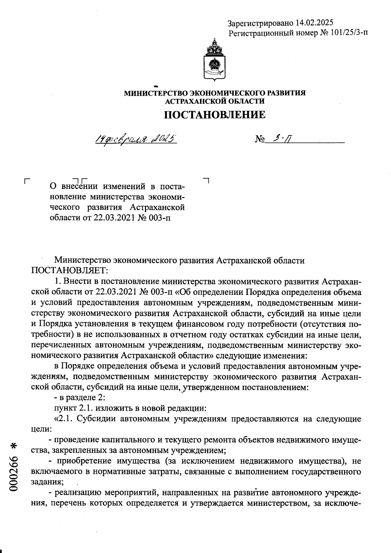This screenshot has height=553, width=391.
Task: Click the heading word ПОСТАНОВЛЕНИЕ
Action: (x=214, y=115)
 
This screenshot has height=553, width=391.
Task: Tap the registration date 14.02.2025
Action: (x=314, y=23)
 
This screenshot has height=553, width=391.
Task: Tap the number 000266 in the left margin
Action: (x=14, y=476)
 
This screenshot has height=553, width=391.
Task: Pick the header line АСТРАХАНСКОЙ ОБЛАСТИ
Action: (x=215, y=101)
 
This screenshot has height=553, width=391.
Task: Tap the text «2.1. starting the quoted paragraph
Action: (x=64, y=419)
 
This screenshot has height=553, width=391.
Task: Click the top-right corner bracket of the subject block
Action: (x=206, y=179)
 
